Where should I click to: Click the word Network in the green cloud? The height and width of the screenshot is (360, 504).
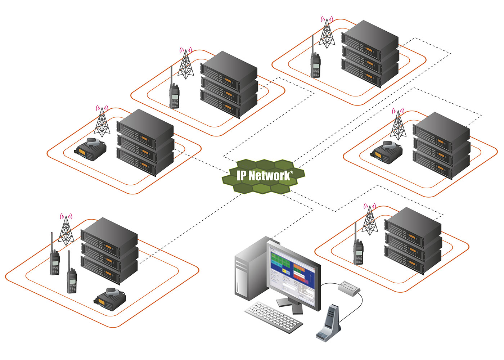[x=269, y=176]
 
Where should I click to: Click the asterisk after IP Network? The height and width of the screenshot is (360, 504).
[x=292, y=173]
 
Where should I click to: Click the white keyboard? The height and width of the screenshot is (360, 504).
[x=274, y=317]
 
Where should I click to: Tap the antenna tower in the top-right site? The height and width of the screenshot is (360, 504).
[x=327, y=32]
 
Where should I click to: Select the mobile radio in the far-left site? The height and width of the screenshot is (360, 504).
[x=91, y=149]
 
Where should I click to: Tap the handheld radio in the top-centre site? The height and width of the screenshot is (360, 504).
[x=174, y=95]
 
